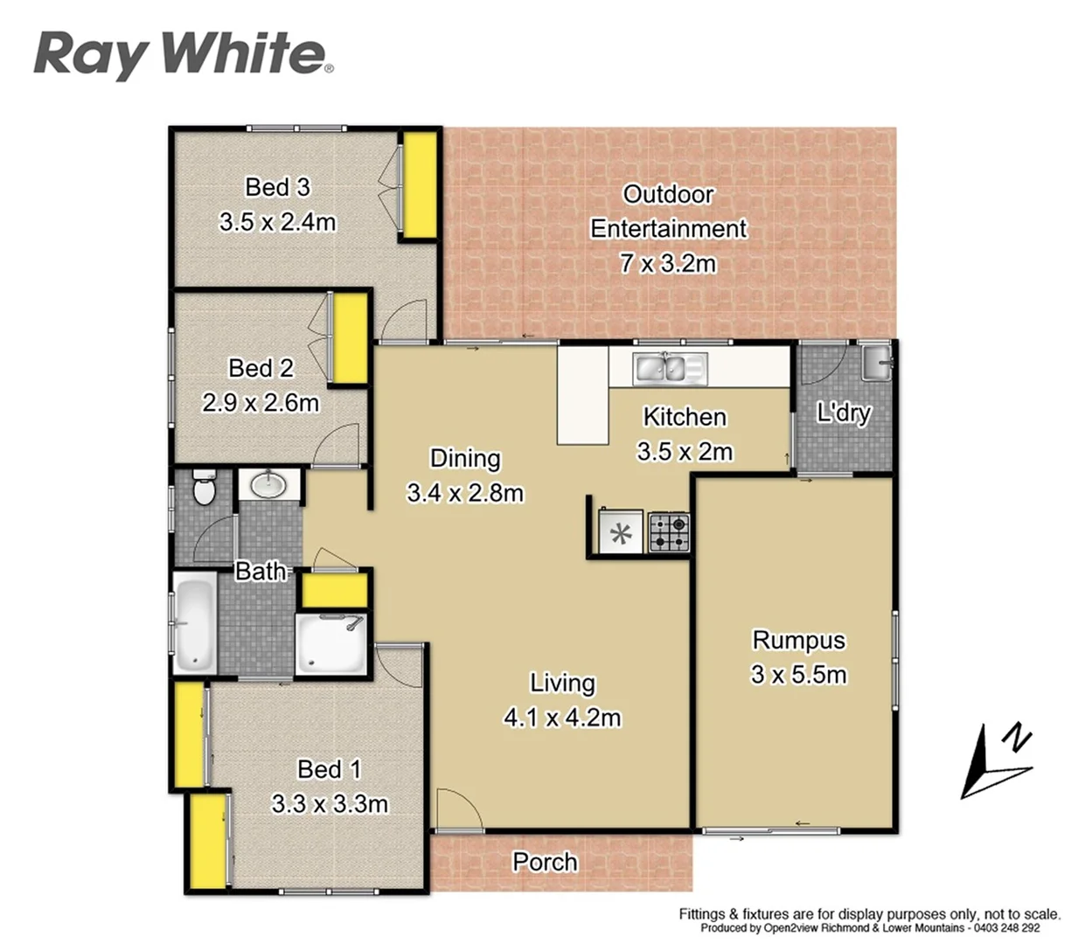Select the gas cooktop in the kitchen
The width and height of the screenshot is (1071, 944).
pos(669,532)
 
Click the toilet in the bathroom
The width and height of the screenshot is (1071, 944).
pos(204,490)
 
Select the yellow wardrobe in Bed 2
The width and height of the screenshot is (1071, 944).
pos(351,337)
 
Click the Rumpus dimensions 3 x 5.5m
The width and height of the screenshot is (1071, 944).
pos(798,675)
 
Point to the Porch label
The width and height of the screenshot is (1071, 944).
pos(545,862)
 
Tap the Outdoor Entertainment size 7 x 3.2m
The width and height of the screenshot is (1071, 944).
pos(668,262)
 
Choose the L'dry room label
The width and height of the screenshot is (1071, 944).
pos(844,413)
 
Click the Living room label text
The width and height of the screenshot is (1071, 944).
pos(562,683)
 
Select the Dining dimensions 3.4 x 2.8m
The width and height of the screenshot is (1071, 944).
pos(465,493)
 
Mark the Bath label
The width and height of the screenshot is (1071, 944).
pos(261,572)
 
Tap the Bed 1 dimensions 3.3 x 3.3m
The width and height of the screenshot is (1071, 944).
pos(330,803)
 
